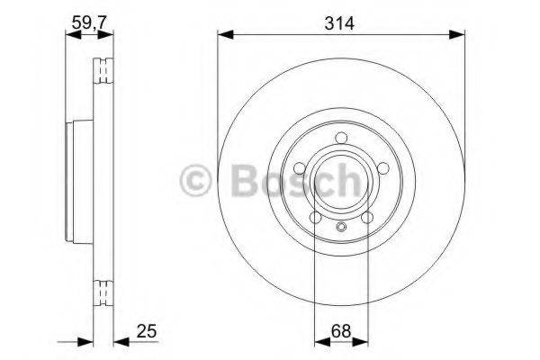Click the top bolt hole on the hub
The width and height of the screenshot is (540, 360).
pos(339,137)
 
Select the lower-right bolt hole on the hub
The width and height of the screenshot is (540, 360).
pos(366,217)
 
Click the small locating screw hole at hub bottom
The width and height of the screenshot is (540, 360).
pos(340,227)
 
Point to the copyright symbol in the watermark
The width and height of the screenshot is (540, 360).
pos(197,180)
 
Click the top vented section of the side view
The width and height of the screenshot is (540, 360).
pos(104,70)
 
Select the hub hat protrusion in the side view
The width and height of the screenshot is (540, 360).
pos(72,180)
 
